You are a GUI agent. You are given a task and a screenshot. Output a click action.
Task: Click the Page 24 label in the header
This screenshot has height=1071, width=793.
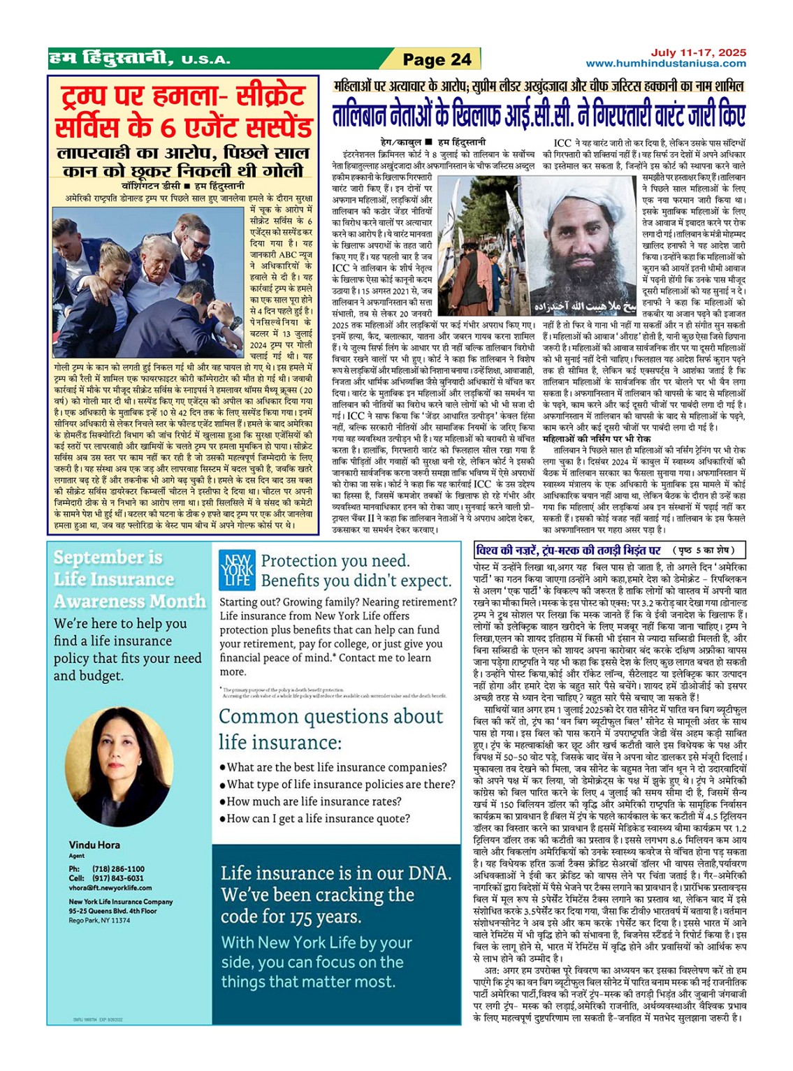[437, 59]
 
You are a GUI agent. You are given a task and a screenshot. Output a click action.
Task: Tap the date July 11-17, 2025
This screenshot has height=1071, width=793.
[698, 52]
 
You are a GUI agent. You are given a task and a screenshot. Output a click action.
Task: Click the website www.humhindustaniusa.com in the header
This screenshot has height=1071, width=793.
[666, 64]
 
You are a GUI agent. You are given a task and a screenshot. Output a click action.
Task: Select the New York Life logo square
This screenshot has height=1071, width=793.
[237, 569]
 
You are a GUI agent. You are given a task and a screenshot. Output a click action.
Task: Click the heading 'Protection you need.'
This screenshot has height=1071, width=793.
[335, 560]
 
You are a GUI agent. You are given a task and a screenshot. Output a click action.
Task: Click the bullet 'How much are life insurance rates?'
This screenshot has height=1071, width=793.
[314, 801]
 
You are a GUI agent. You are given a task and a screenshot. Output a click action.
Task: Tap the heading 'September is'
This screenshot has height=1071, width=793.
[108, 558]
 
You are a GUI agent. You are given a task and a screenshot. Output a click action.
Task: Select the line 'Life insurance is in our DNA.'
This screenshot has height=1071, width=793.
[336, 873]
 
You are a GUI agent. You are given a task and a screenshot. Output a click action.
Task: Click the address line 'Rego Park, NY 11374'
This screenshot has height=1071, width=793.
[99, 920]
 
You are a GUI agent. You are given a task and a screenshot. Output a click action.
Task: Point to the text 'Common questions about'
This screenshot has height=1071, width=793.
[330, 716]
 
